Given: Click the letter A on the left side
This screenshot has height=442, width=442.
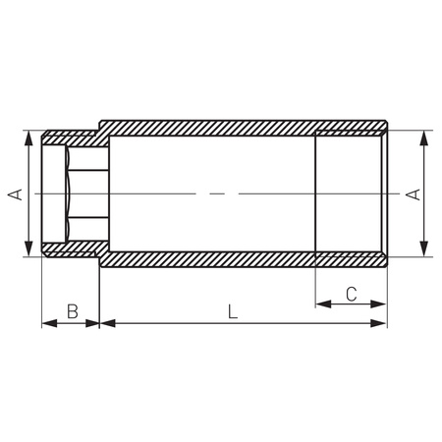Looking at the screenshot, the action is coord(15,194).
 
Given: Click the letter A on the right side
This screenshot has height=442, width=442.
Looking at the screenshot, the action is coord(414,194).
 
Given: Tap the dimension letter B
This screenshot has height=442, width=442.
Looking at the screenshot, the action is coord(73,311).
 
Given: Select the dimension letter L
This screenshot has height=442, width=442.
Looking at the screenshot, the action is coord(232,311).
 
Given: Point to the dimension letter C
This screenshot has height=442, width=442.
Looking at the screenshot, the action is coord(352,294).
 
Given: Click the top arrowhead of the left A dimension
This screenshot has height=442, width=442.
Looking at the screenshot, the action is coord(28,138).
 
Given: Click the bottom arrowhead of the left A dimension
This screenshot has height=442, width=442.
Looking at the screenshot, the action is coord(28,249).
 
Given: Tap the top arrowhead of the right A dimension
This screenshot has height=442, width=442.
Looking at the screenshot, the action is coord(424,138).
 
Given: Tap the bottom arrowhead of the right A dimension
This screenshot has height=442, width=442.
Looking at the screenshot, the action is coord(424,249).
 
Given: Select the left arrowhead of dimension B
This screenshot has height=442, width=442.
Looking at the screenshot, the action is coord(49,323).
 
